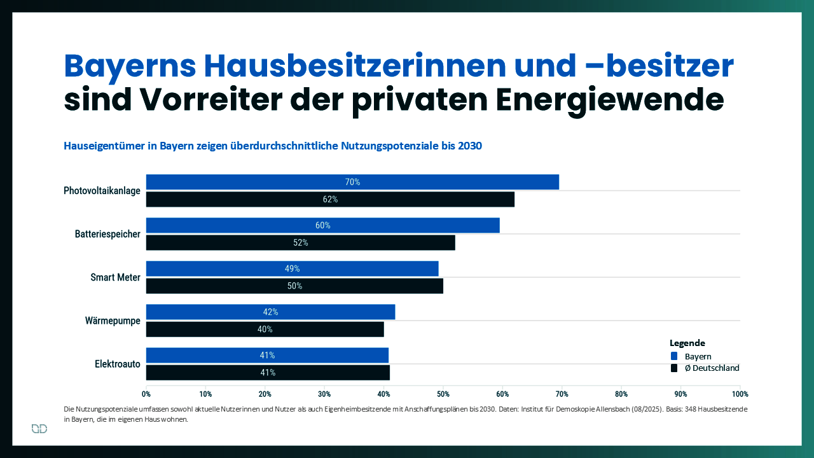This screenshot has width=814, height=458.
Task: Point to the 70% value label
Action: click(352, 182)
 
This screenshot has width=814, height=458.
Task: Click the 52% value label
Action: click(301, 242)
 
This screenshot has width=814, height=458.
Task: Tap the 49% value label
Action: click(292, 268)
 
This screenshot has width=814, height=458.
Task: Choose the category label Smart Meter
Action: click(115, 277)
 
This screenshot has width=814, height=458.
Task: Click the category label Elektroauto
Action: click(118, 364)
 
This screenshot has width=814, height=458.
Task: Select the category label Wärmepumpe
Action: click(113, 321)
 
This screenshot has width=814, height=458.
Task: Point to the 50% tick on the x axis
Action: click(443, 394)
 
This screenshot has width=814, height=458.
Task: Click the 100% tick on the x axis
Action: click(740, 394)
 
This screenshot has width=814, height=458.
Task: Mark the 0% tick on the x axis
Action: click(146, 394)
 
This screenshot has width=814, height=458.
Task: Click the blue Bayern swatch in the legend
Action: click(674, 356)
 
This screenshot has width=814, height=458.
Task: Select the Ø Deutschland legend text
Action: click(712, 368)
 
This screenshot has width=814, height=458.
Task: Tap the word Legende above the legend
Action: click(687, 343)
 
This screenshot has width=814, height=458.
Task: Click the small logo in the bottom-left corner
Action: click(39, 429)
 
